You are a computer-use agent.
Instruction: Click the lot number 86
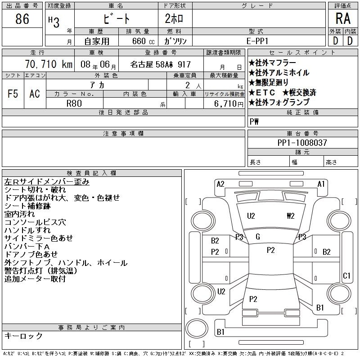coord(22,19)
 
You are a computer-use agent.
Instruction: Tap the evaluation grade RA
coord(343,18)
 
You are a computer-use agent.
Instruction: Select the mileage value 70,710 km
coord(49,64)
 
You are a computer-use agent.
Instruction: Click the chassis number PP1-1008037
coord(302,143)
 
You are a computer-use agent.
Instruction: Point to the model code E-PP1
coord(257,41)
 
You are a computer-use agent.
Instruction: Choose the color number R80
coord(74,103)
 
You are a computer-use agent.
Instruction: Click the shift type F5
coord(13,94)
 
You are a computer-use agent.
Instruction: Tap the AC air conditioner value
coord(35,94)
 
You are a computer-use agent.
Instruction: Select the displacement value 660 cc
coord(143,41)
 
